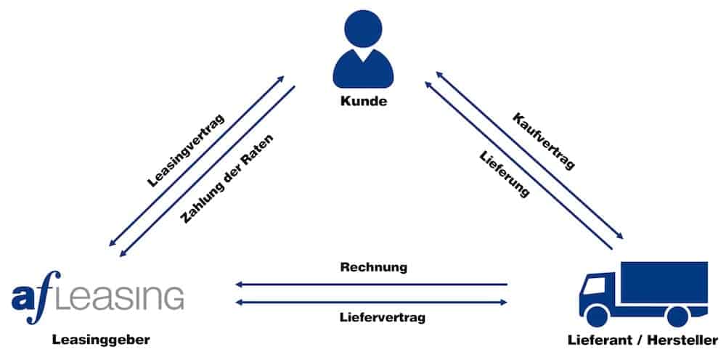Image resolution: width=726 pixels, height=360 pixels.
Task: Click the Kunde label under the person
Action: pos(363,101)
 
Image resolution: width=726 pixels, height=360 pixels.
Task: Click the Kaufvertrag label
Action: pos(544,141)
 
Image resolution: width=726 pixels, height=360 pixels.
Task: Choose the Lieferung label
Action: pos(504,174)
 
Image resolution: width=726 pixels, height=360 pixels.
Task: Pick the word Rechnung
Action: pos(373,267)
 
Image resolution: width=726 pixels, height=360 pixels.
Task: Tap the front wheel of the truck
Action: pos(599,315)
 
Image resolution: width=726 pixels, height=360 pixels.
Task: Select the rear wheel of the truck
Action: pos(676,315)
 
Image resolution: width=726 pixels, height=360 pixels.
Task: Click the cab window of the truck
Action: pos(594,285)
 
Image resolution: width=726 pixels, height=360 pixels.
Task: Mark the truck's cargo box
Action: pos(664,282)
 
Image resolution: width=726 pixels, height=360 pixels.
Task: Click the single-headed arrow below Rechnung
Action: pos(371,285)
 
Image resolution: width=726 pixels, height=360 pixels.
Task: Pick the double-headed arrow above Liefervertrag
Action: pos(371,301)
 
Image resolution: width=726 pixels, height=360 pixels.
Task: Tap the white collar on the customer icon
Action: pos(363,57)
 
